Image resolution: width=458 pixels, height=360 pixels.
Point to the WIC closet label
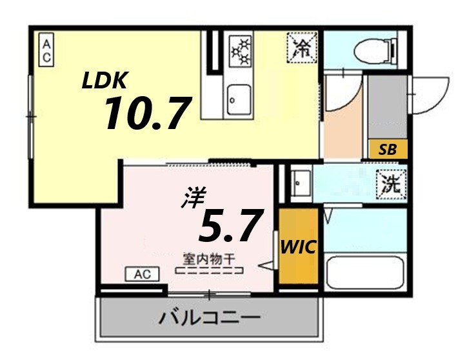(x=299, y=247)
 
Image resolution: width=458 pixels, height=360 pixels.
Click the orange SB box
(x=388, y=149)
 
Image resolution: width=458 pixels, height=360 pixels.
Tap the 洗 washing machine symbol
(x=392, y=185)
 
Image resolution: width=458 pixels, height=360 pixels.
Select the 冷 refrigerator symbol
(x=301, y=46)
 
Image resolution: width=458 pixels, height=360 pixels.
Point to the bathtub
(x=364, y=273)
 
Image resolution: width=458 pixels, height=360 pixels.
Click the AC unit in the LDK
(x=47, y=50)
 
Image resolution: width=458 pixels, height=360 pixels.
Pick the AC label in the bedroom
(x=142, y=274)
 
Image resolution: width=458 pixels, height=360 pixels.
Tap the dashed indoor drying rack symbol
(x=210, y=272)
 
